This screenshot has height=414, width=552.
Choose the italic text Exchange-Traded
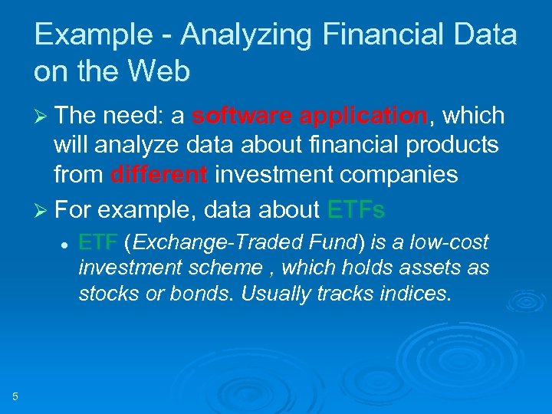[195, 243]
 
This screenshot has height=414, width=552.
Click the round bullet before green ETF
[67, 244]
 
